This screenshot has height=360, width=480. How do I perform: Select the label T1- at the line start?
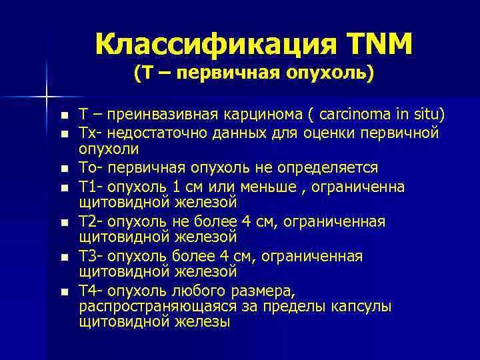91,185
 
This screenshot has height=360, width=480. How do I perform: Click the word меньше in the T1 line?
266,185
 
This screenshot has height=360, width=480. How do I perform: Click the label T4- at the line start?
91,291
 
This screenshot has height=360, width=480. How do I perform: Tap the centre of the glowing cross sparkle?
47,97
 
